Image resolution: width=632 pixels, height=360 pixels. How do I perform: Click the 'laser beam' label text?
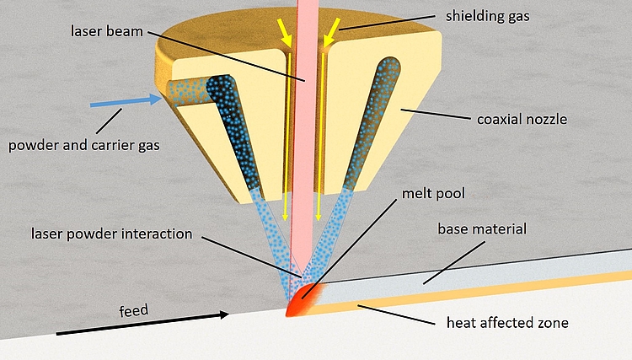pyautogui.click(x=107, y=31)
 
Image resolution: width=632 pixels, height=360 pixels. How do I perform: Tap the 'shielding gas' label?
pyautogui.click(x=487, y=16)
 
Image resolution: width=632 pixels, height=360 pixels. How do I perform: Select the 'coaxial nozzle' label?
pyautogui.click(x=522, y=120)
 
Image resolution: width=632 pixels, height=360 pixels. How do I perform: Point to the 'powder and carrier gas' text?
pyautogui.click(x=83, y=145)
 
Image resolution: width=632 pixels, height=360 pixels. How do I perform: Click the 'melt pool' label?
pyautogui.click(x=433, y=194)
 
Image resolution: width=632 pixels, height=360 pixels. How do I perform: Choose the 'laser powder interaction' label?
pyautogui.click(x=111, y=234)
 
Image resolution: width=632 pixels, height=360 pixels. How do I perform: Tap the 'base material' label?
pyautogui.click(x=482, y=229)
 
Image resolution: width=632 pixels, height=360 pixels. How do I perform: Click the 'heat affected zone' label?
pyautogui.click(x=507, y=323)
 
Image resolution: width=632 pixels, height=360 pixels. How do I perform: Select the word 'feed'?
pyautogui.click(x=134, y=310)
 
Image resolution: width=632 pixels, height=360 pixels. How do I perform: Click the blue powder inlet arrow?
pyautogui.click(x=126, y=101)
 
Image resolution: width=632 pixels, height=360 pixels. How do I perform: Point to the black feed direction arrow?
pyautogui.click(x=142, y=324)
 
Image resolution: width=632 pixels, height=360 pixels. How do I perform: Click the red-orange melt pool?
pyautogui.click(x=303, y=299)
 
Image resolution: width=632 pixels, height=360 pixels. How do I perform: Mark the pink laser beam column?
pyautogui.click(x=303, y=141)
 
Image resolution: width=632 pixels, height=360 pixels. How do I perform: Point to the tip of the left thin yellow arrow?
pyautogui.click(x=286, y=221)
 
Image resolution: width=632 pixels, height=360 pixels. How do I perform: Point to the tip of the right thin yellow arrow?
pyautogui.click(x=319, y=221)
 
